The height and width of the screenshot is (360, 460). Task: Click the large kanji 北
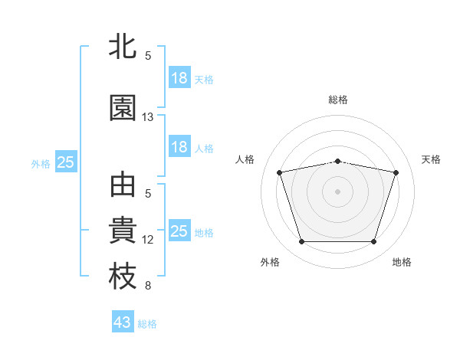point(123,46)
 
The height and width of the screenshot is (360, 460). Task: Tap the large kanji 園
point(123,107)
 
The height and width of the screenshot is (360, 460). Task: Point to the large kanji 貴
point(123,230)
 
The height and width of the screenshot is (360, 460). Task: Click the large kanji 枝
point(123,276)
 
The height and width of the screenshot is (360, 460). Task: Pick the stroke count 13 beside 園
point(147,117)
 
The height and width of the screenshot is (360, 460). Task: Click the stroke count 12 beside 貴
point(147,240)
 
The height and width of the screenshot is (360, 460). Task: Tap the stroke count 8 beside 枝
point(148,286)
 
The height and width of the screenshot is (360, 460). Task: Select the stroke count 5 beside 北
point(148,56)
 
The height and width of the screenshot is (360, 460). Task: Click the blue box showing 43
point(123,321)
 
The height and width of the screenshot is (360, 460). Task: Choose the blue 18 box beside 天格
point(180,77)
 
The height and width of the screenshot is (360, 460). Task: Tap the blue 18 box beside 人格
point(180,146)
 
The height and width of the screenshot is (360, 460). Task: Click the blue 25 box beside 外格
point(66,162)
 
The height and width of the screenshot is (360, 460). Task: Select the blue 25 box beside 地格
point(180,230)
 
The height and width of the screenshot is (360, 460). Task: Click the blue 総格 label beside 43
point(147,324)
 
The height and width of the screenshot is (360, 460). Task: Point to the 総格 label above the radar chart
point(338,100)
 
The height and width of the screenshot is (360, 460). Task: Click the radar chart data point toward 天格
point(396,172)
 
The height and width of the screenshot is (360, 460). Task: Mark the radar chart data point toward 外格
point(302,242)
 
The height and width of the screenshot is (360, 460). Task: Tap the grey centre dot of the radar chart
point(337,191)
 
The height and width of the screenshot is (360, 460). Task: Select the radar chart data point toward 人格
point(280,172)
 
